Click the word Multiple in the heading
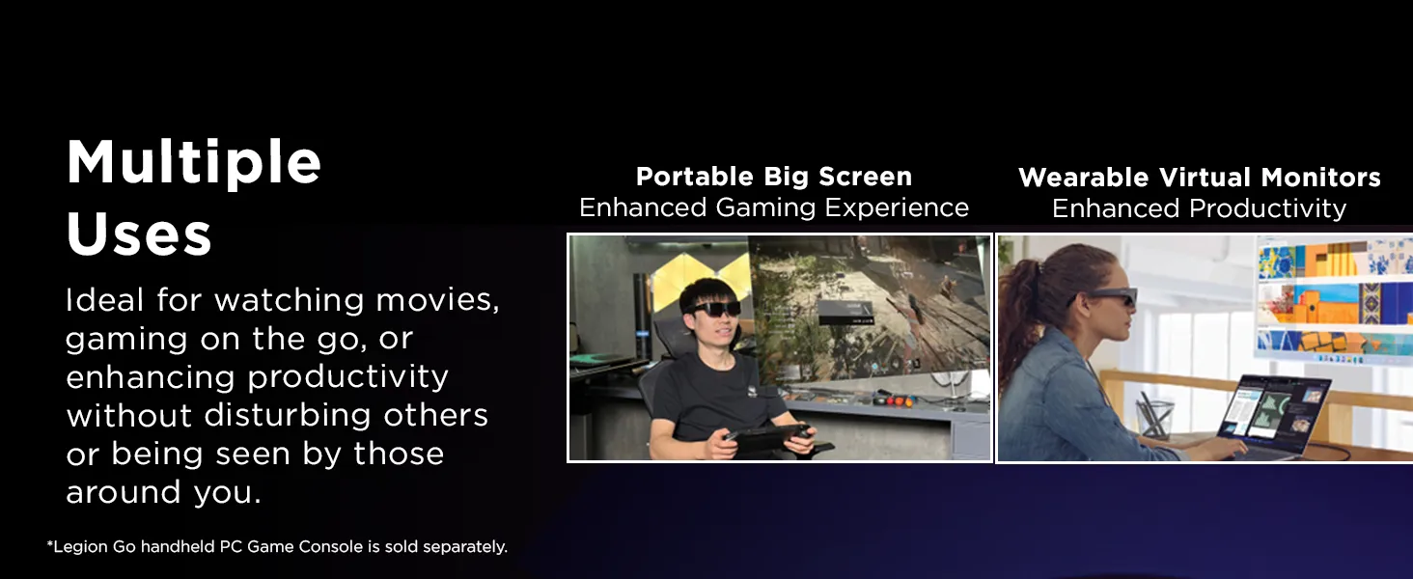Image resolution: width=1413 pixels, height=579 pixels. [x=194, y=163]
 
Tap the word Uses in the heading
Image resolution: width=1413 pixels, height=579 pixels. [x=139, y=234]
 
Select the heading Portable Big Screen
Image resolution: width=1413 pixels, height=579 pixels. [x=774, y=177]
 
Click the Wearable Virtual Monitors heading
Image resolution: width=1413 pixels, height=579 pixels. [x=1199, y=178]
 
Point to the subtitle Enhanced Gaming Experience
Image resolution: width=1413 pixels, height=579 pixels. [x=774, y=207]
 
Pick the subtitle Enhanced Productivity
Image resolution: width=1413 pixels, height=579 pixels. [x=1199, y=208]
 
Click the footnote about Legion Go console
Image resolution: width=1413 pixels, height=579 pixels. [x=277, y=546]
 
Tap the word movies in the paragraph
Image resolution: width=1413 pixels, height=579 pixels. [x=438, y=300]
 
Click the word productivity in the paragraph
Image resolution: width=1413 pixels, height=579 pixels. [x=347, y=378]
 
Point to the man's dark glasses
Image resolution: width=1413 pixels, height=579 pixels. [x=713, y=309]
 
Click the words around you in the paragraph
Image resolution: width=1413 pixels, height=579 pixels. [x=163, y=492]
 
